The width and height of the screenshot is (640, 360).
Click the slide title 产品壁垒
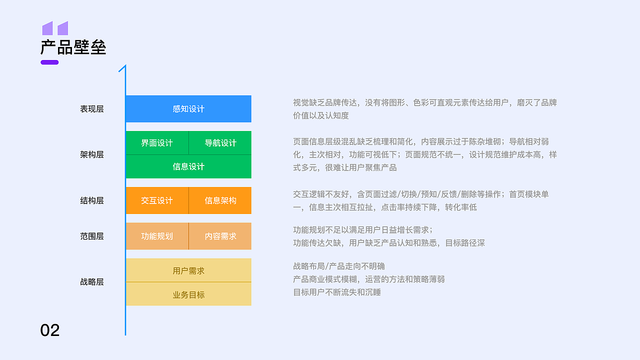tap(73, 47)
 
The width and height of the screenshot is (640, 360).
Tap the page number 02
tap(50, 330)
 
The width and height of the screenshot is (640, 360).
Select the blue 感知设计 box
tap(188, 109)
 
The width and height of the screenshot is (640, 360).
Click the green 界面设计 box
tap(157, 143)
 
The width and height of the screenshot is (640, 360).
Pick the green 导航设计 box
tap(220, 143)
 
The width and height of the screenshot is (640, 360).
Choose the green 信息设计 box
tap(188, 166)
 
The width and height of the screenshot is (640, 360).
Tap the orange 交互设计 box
tap(157, 200)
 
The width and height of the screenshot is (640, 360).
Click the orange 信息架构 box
tap(220, 200)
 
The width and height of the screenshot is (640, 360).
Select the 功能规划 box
tap(157, 236)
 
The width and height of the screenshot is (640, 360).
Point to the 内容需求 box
tap(220, 236)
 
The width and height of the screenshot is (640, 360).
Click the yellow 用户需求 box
tap(188, 270)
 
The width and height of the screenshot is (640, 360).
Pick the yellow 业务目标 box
tap(188, 294)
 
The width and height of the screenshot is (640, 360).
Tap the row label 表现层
tap(92, 109)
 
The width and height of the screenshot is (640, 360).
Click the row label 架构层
tap(92, 154)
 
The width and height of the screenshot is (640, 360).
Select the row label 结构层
tap(92, 200)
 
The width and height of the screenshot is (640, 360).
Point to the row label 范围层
tap(92, 236)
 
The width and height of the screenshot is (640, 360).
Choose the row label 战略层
tap(92, 282)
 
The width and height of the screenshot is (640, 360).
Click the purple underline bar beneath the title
tap(49, 62)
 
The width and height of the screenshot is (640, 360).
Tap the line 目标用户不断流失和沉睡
tap(337, 292)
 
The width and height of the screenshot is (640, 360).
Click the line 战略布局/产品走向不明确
tap(339, 266)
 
